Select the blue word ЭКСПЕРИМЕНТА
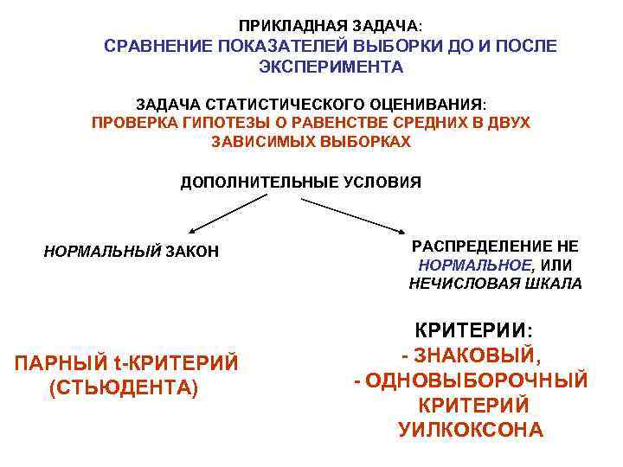click(331, 67)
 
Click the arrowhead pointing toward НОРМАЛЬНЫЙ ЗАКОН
click(191, 232)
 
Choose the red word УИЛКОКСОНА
click(472, 429)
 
